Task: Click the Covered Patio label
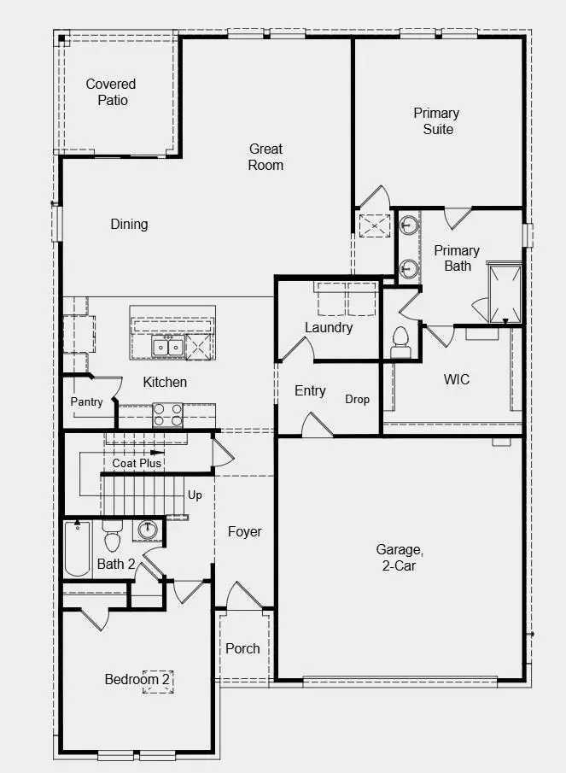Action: click(111, 92)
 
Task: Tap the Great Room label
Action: click(265, 157)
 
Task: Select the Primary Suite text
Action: click(436, 121)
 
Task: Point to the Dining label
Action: click(129, 225)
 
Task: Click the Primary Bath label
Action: click(457, 258)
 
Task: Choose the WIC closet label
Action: click(457, 379)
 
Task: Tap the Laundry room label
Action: click(329, 327)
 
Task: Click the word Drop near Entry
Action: click(358, 399)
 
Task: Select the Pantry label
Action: click(86, 402)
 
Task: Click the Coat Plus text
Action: click(137, 463)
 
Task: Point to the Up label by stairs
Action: click(195, 495)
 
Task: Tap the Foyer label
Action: click(244, 532)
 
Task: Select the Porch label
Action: click(242, 648)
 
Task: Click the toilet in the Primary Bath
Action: click(400, 343)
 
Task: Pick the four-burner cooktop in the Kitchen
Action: click(167, 415)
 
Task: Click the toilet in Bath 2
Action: click(113, 540)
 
